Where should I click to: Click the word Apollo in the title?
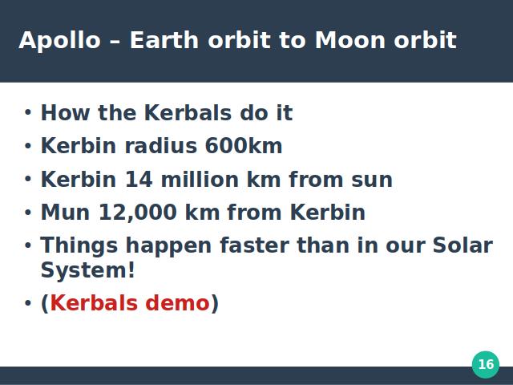[59, 41]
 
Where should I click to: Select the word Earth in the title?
[164, 40]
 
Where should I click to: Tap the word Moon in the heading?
[350, 40]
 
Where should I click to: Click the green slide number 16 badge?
[486, 364]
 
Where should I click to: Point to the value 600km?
[244, 146]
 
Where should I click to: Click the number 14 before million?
[139, 180]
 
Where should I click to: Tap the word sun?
[372, 180]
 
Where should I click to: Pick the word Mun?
[65, 213]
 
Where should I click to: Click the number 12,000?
[138, 213]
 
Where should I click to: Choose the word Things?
[79, 246]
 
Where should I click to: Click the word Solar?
[463, 245]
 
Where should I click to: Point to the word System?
[87, 271]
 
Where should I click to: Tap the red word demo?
[177, 303]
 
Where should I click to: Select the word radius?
[161, 145]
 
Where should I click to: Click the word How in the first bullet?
[66, 113]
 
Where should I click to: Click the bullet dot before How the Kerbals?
[28, 112]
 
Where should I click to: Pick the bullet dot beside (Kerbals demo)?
[28, 303]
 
